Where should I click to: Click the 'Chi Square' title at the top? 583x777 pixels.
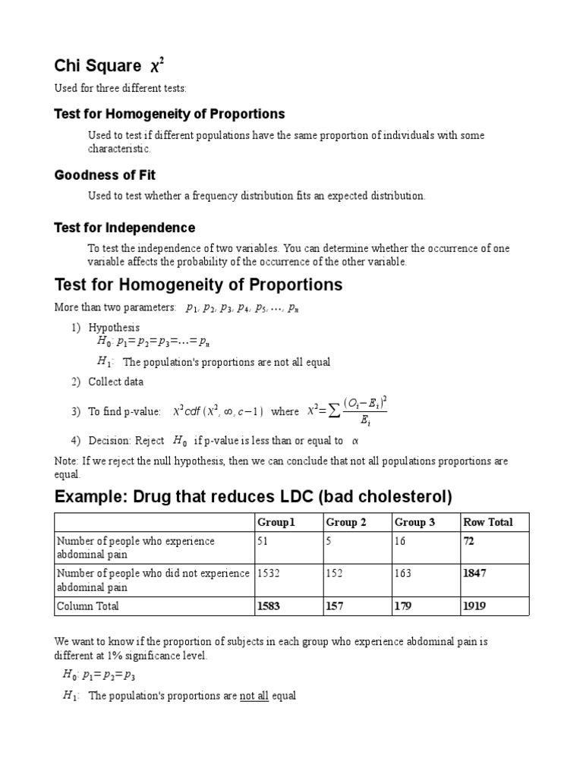coord(97,66)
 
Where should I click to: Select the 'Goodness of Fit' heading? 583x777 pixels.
coord(105,175)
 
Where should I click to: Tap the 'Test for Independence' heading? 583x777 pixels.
coord(124,228)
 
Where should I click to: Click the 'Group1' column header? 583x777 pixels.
coord(276,522)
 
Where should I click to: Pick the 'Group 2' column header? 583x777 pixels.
coord(346,522)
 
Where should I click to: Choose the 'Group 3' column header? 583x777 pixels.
coord(414,522)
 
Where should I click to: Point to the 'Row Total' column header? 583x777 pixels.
coord(487,522)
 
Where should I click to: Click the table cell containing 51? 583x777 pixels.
coord(263,541)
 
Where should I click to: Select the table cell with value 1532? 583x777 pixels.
coord(269,574)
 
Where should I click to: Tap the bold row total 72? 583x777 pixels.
coord(469,541)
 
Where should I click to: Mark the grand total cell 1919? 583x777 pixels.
coord(474,606)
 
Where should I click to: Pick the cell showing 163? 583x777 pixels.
coord(402,574)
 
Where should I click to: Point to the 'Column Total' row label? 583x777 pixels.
coord(88,606)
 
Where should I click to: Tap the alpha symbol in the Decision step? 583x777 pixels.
coord(355,440)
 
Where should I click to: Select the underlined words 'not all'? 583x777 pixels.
coord(254,696)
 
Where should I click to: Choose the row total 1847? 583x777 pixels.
coord(474,574)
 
